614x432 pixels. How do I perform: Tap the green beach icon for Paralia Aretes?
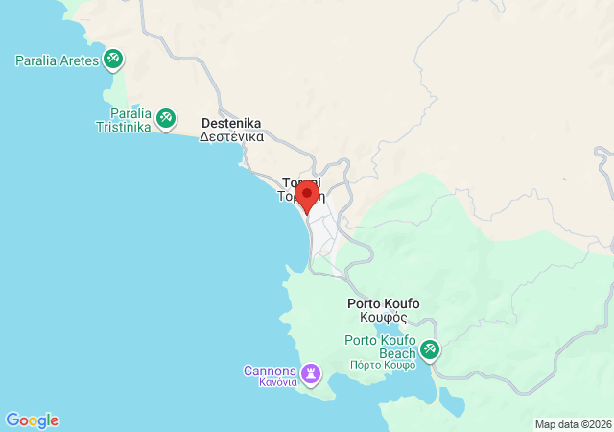click(114, 60)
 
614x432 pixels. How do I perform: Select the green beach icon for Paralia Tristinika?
click(165, 117)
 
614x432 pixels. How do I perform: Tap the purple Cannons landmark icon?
click(311, 372)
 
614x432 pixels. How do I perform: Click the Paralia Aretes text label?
click(58, 60)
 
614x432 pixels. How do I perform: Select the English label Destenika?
click(230, 123)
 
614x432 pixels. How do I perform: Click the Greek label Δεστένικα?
click(230, 137)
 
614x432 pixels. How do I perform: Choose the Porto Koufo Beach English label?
click(381, 348)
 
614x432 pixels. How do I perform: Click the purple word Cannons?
click(270, 371)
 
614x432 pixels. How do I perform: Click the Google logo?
click(32, 420)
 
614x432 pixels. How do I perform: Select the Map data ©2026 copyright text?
click(572, 424)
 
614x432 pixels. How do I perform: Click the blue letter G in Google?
click(12, 420)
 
